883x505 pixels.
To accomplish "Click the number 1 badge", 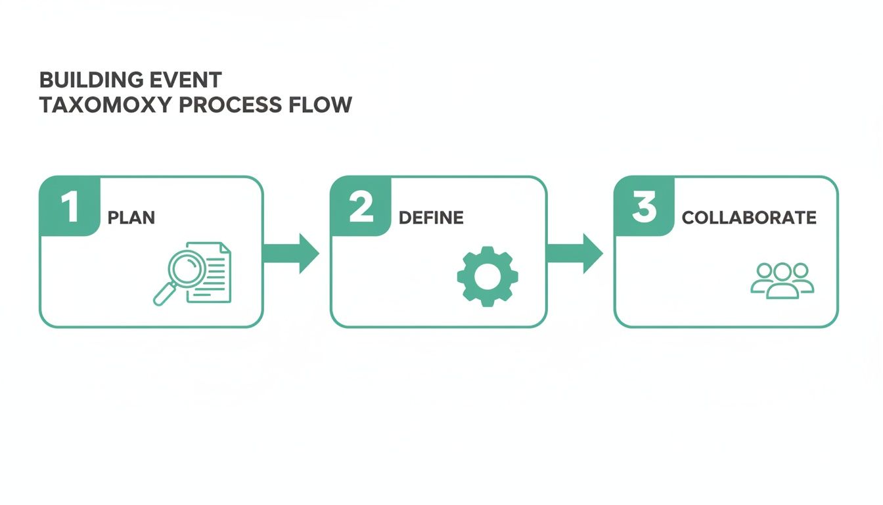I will click(x=69, y=206).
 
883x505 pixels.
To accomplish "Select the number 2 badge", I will click(x=361, y=206).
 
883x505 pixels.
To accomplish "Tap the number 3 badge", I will click(x=644, y=206).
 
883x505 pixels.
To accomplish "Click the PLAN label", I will click(x=131, y=218).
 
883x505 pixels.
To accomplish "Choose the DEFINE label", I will click(x=431, y=218).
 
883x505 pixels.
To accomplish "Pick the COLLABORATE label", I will click(x=749, y=218).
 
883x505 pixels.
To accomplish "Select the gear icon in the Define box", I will click(x=487, y=276).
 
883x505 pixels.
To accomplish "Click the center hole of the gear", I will click(x=487, y=276).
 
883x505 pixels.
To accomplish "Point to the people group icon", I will click(x=782, y=280).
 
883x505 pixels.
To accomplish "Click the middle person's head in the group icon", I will click(x=782, y=271).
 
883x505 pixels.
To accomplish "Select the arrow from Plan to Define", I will click(x=291, y=252).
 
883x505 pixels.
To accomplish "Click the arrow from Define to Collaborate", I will click(x=575, y=252).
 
